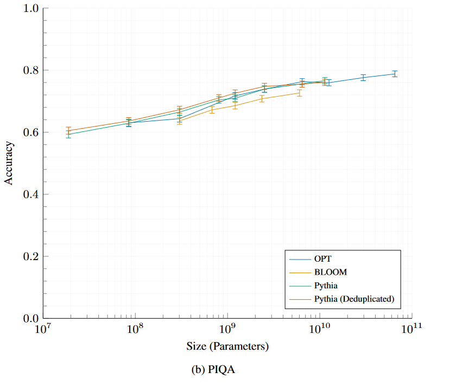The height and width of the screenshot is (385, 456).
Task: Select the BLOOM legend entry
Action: [330, 272]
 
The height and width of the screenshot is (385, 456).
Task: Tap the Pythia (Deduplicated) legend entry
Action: [353, 299]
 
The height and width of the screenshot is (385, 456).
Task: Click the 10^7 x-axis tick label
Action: [42, 329]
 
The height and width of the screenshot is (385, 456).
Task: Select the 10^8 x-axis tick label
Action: [135, 329]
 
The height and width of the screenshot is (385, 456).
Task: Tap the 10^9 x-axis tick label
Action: [227, 329]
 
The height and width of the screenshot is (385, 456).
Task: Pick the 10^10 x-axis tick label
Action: [319, 329]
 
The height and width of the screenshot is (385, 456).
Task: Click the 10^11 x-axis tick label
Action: [411, 329]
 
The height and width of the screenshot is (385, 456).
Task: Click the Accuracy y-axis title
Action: [9, 163]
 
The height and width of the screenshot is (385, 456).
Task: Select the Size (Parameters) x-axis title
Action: [227, 346]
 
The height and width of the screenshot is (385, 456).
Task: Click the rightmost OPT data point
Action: [395, 74]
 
